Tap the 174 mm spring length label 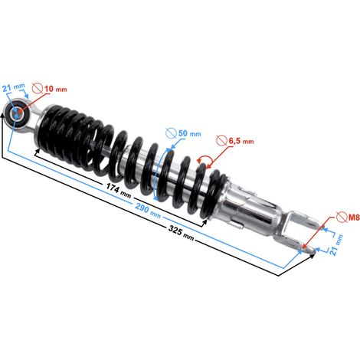119,190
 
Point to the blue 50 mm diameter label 189,133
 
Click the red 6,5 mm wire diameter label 241,141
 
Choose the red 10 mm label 56,89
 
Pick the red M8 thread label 354,218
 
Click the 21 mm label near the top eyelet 14,87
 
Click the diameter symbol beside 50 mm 171,133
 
